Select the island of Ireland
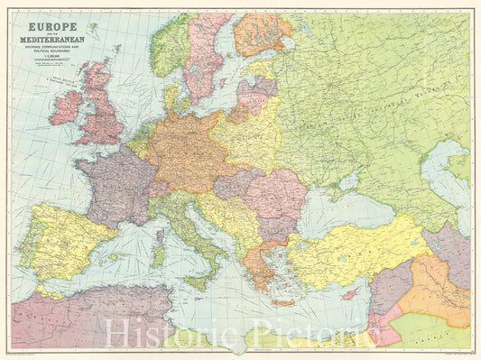(x=66, y=106)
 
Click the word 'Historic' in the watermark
(x=157, y=336)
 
